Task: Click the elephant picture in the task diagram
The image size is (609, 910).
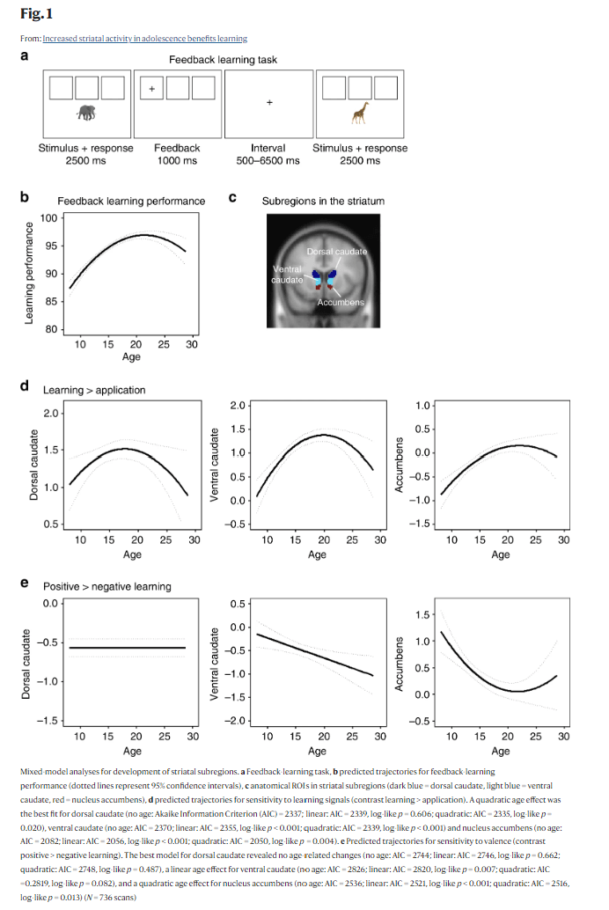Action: point(86,113)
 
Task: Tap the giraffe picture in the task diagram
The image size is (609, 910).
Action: point(360,113)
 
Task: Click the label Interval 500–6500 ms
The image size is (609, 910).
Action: point(268,154)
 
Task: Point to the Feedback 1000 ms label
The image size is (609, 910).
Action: point(177,154)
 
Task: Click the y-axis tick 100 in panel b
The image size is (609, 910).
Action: point(49,217)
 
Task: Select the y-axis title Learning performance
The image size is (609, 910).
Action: point(29,273)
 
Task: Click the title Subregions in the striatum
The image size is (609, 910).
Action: point(323,202)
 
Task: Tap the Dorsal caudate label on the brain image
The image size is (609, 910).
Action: point(337,253)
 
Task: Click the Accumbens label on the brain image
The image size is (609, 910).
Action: point(340,303)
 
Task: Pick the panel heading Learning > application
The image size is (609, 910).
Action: point(94,390)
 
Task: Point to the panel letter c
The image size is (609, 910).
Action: point(231,198)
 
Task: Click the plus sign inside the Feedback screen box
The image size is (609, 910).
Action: point(151,89)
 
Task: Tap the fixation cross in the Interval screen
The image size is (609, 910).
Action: point(269,103)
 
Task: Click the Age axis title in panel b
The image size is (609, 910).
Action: point(131,357)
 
